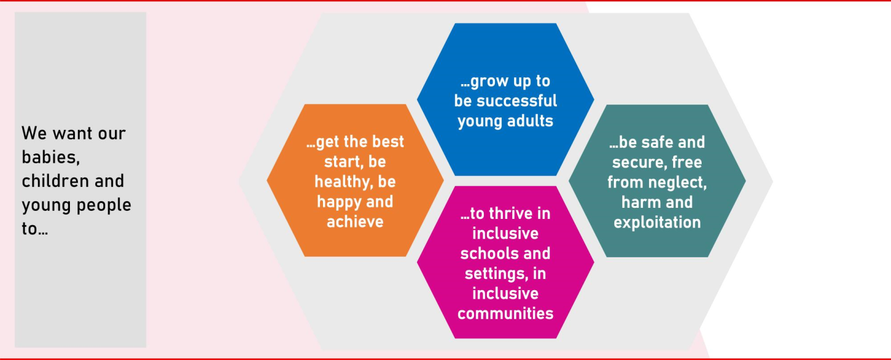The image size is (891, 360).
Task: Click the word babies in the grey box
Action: (x=50, y=157)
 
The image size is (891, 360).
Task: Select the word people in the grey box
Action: (x=105, y=205)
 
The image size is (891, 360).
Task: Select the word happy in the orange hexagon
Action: (x=338, y=202)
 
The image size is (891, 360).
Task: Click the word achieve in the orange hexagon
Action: (x=355, y=221)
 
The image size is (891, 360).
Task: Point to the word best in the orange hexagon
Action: (x=389, y=142)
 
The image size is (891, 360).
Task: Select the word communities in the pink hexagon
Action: (x=506, y=313)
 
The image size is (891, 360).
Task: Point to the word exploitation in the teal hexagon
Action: (x=657, y=222)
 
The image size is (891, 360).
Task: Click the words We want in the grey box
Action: (x=56, y=133)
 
